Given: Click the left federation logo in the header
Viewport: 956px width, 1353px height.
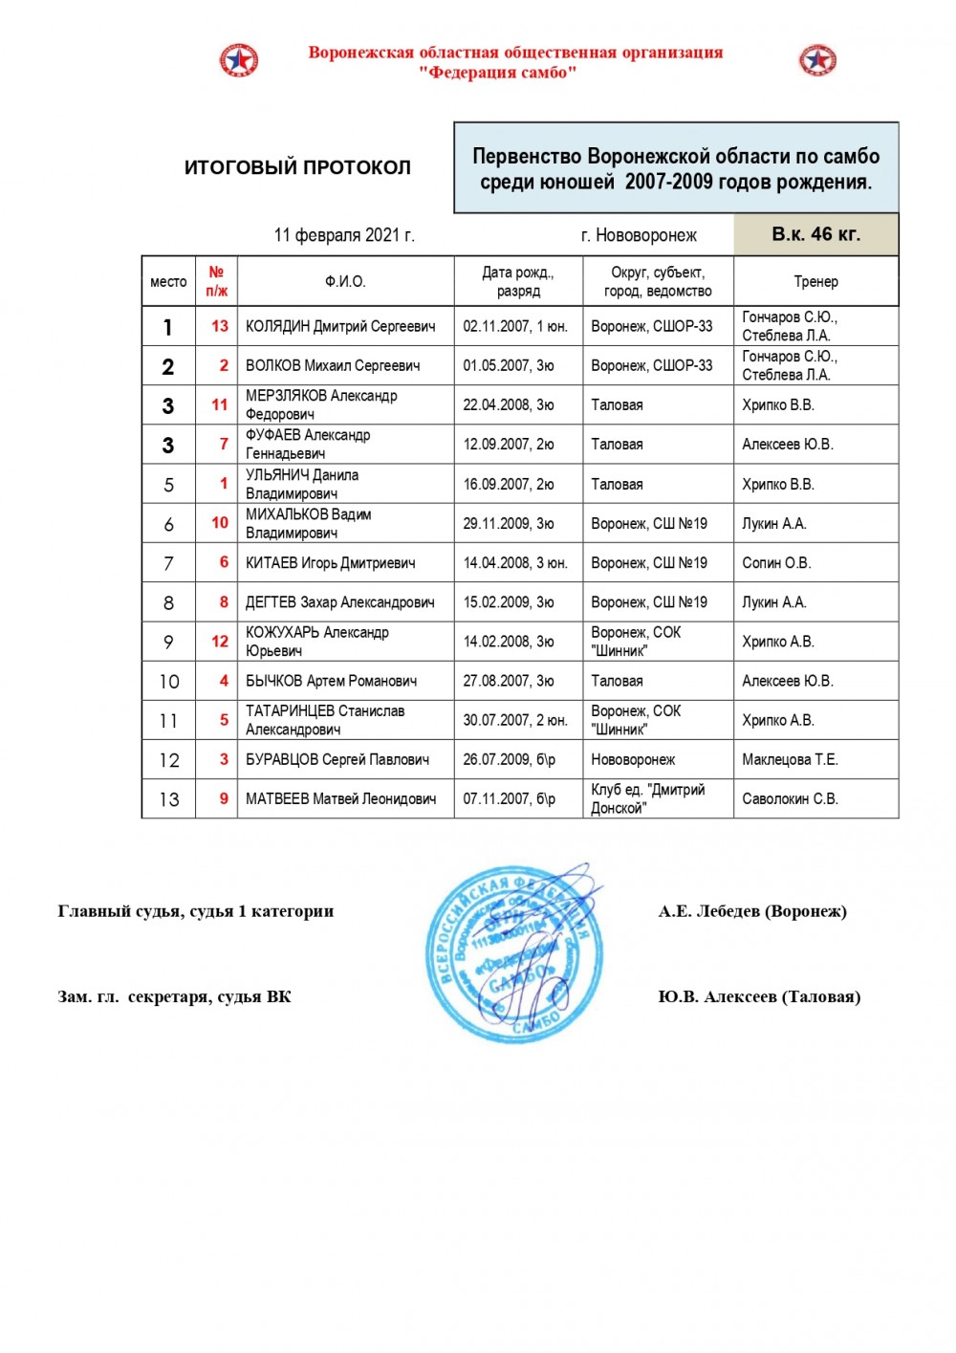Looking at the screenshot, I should (x=238, y=60).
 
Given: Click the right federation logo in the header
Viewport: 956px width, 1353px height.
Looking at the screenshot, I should (x=817, y=60).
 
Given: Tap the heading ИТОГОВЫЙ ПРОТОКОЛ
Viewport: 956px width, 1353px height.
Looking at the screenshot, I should (x=297, y=167).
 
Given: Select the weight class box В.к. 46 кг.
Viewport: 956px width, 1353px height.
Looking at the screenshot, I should (x=815, y=234).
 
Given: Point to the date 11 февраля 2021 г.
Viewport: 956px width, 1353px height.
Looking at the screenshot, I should (x=344, y=235).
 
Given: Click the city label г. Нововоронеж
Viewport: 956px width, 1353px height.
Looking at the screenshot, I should (x=639, y=235).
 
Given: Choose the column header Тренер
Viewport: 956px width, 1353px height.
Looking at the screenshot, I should (x=815, y=281).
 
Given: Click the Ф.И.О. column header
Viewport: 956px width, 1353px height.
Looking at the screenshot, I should (x=345, y=281).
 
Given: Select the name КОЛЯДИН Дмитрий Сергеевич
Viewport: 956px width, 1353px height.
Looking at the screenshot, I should (x=340, y=326).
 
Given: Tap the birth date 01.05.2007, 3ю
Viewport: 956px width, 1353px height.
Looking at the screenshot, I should (x=509, y=365).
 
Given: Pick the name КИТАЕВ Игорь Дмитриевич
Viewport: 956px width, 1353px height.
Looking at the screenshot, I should (x=331, y=563).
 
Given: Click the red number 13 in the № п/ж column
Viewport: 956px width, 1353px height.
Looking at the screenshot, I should (x=220, y=326).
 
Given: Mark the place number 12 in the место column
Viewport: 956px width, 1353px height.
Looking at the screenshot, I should (x=169, y=760).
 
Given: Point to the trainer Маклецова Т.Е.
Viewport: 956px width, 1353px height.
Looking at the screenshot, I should (x=790, y=759).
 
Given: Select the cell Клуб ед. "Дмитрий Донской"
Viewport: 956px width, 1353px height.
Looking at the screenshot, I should (x=648, y=798).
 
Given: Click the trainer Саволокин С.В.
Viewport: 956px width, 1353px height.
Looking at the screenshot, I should (x=790, y=798).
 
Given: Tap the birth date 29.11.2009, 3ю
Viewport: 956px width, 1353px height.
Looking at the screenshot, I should (x=509, y=523).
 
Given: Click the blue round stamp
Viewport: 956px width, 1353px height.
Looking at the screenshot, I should (x=514, y=952).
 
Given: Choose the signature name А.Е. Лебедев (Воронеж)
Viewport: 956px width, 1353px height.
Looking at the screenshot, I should (x=752, y=911).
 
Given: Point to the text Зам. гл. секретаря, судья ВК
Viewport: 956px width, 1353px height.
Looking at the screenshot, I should (x=175, y=997).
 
